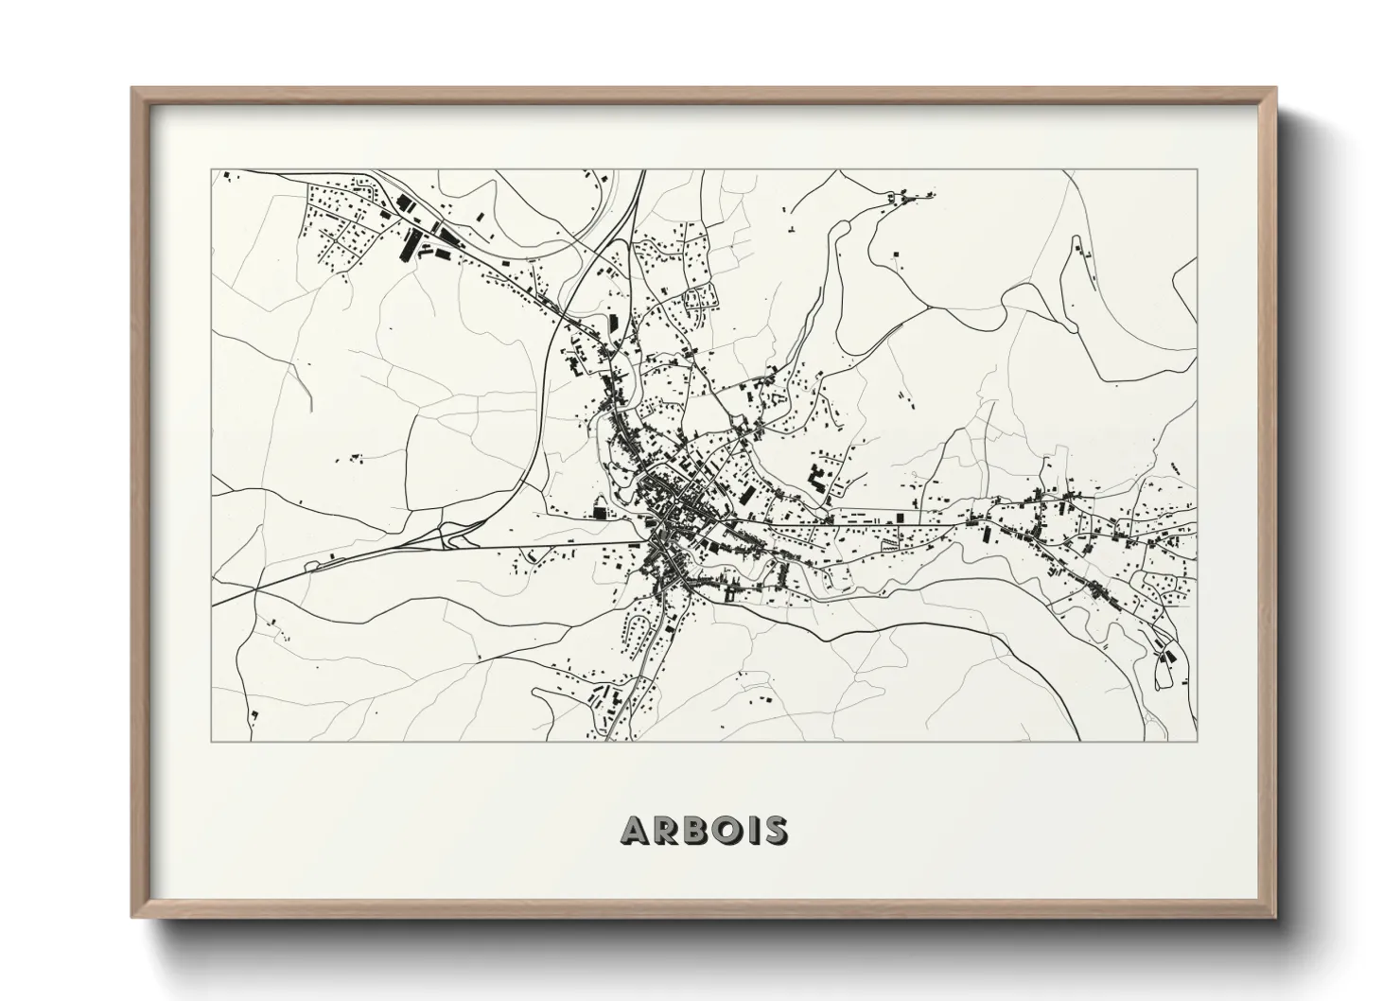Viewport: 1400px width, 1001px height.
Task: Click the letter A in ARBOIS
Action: click(x=636, y=830)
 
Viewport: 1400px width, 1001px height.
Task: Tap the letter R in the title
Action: click(x=667, y=830)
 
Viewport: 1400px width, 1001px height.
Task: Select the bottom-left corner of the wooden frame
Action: click(x=133, y=915)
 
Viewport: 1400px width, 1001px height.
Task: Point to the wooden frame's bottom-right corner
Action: click(x=1274, y=915)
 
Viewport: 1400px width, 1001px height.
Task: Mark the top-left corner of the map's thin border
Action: click(x=212, y=170)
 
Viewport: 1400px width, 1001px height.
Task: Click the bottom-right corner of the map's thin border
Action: click(x=1197, y=741)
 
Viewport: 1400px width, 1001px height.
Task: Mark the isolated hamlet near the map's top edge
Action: click(x=900, y=199)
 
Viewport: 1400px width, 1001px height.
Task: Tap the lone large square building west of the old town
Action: click(x=598, y=512)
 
